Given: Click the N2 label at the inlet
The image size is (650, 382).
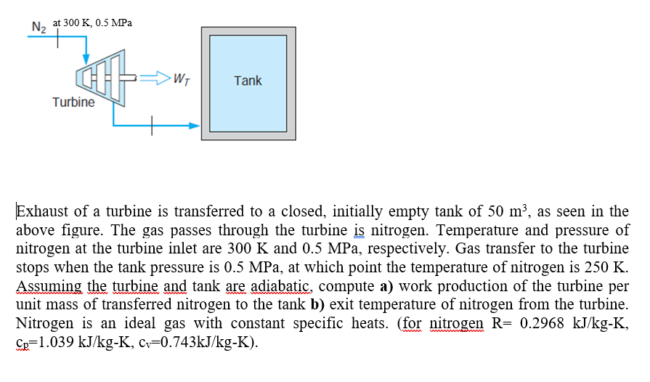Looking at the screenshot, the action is pos(38,28).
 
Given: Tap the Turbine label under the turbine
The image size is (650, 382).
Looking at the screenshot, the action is pos(73,102).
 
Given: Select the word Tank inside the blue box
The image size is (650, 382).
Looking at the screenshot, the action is pos(248,81).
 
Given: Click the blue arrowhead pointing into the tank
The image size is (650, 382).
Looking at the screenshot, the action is pos(194,126).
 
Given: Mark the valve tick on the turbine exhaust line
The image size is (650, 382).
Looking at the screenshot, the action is pos(153,126).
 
